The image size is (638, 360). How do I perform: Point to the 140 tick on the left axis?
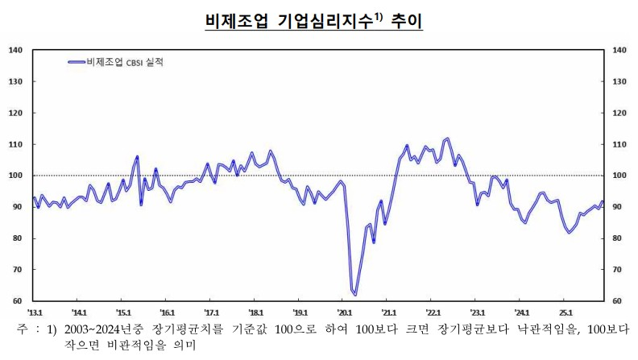coord(14,50)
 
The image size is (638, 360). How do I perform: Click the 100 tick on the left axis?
coord(14,176)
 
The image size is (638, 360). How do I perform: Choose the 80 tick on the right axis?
coord(619,238)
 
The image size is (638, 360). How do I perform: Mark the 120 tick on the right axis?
coord(620,113)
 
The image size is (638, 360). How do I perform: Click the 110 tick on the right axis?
coord(620,144)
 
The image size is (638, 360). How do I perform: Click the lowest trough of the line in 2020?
coord(354,295)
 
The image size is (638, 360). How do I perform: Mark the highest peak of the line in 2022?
coord(448,139)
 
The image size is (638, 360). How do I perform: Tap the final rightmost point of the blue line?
coord(603,201)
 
